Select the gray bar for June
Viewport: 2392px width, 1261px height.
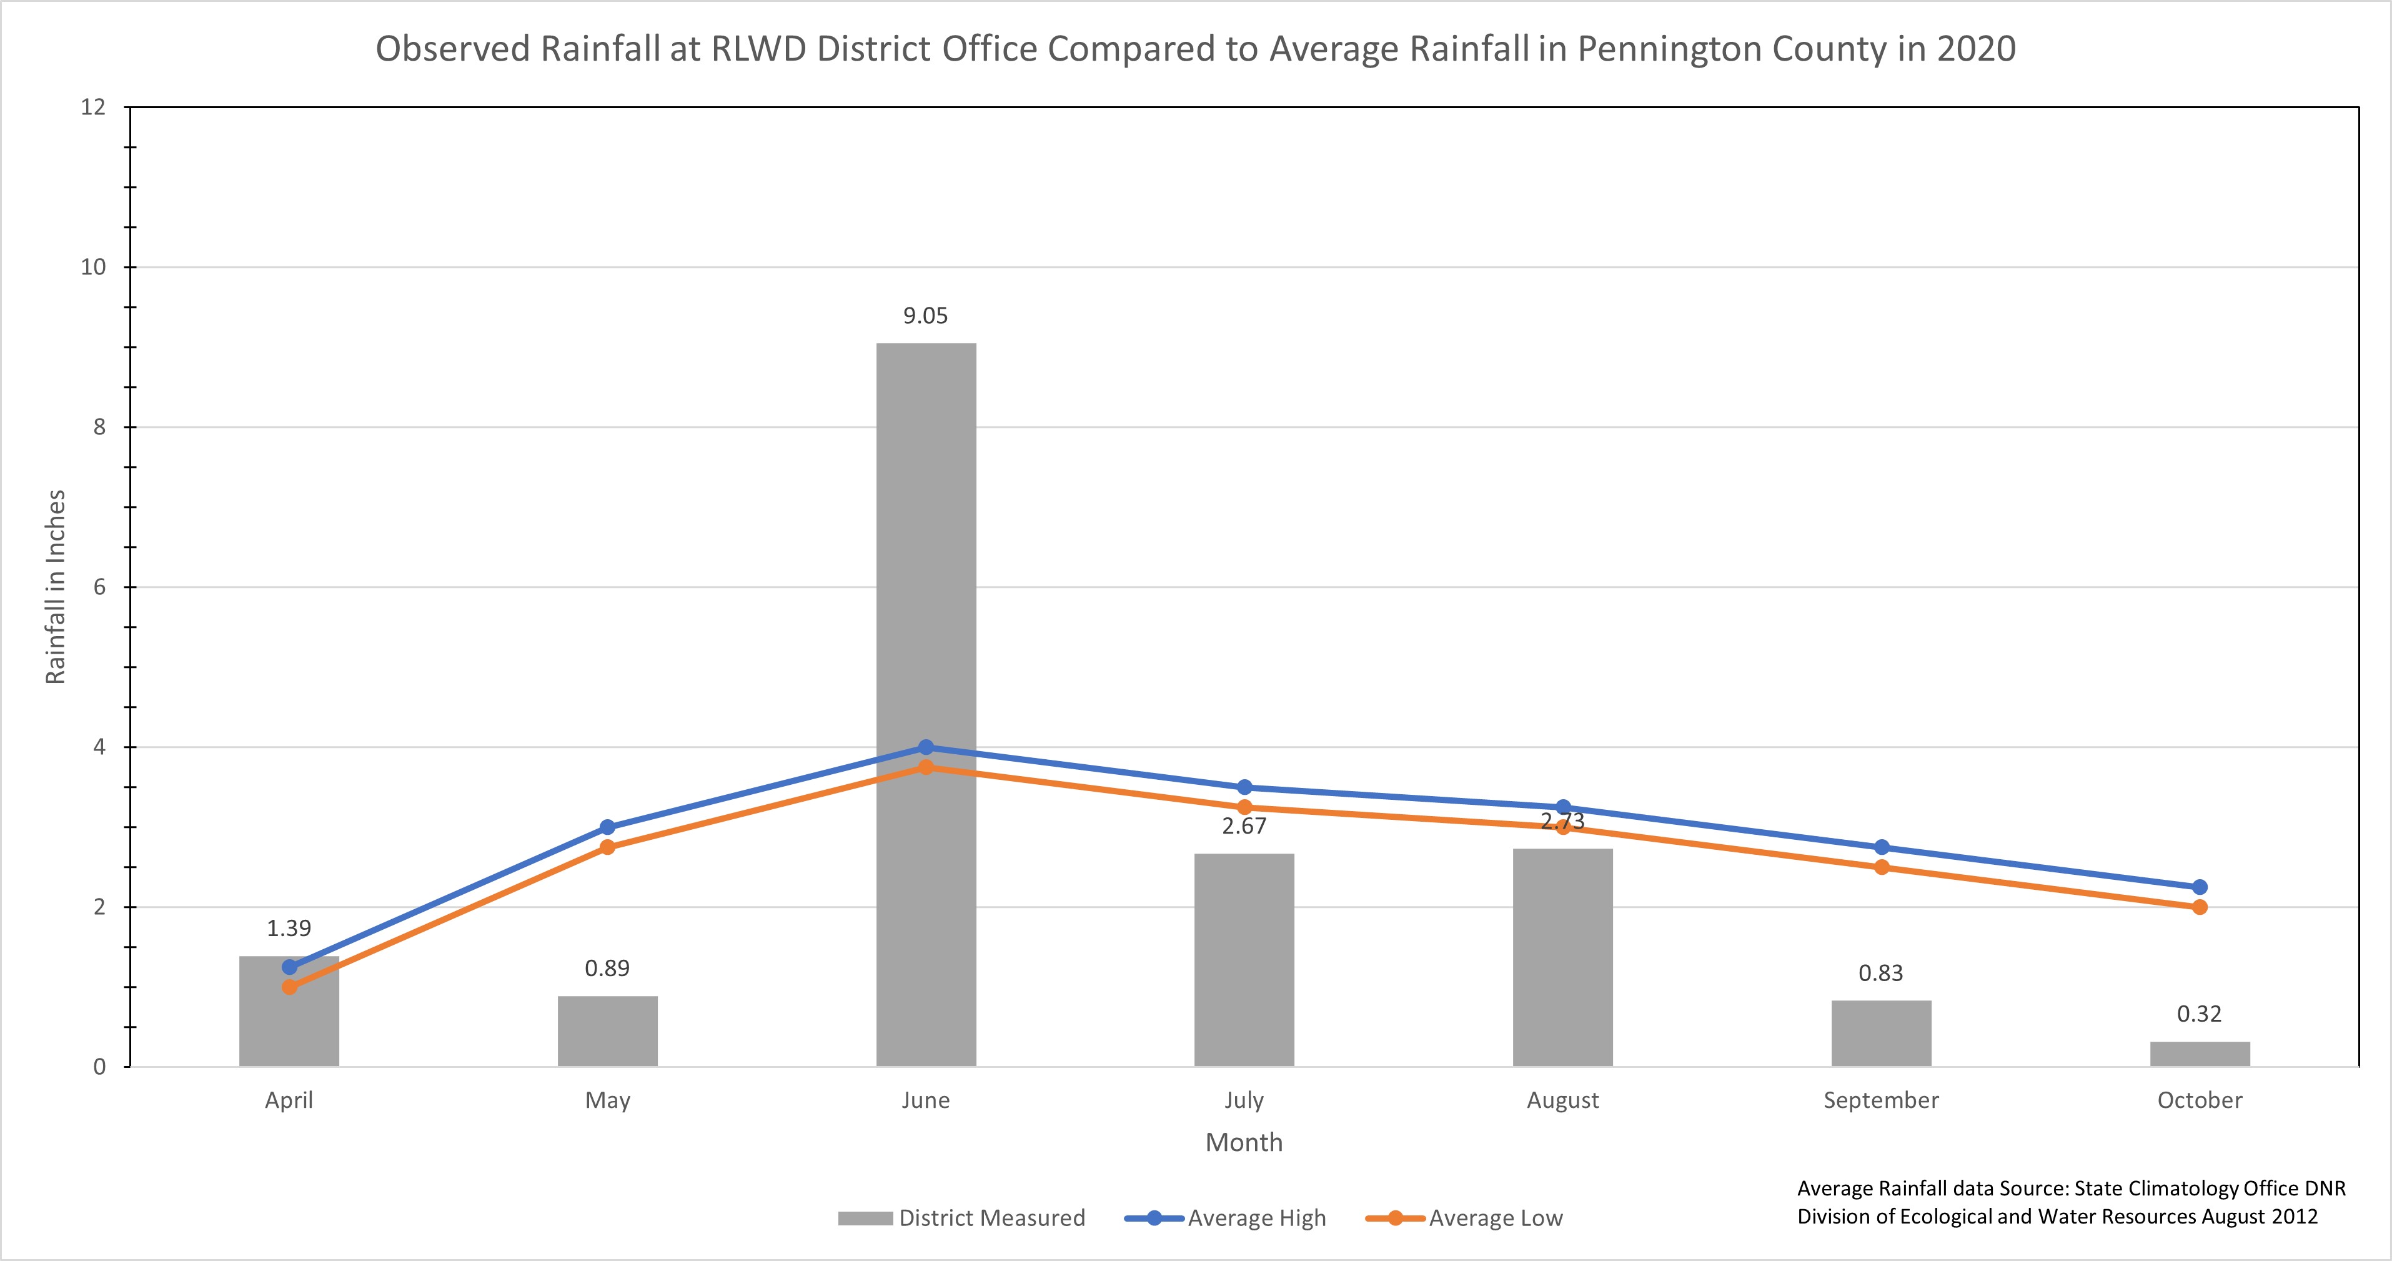tap(926, 557)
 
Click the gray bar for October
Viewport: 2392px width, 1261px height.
tap(2199, 1054)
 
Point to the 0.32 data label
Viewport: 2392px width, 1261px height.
tap(2199, 1014)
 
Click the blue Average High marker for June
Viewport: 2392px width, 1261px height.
tap(926, 747)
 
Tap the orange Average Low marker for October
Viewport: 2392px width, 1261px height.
tap(2199, 907)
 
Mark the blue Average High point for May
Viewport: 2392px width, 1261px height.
tap(607, 827)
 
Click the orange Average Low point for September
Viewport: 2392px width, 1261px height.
tap(1881, 867)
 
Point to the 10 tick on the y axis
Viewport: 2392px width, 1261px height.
tap(94, 267)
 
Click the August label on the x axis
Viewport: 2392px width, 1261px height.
tap(1563, 1100)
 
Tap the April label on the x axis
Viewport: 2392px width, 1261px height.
tap(289, 1100)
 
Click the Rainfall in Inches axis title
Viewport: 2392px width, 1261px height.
tap(56, 587)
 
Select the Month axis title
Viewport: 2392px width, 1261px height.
tap(1243, 1142)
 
